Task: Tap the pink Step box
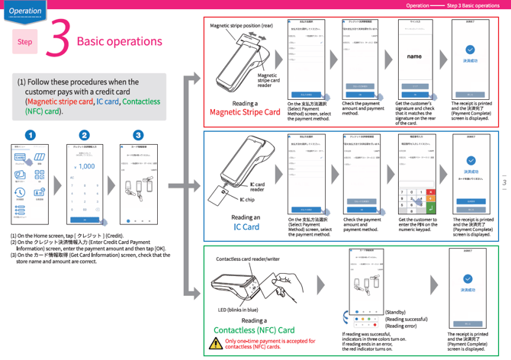click(25, 41)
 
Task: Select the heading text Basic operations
click(119, 40)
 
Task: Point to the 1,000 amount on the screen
click(86, 166)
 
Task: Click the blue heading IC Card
click(246, 227)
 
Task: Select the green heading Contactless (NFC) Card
click(254, 330)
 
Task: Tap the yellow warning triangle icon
click(216, 344)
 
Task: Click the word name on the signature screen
click(414, 56)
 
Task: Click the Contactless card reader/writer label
click(248, 259)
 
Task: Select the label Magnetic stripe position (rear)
click(241, 26)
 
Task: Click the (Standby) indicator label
click(395, 312)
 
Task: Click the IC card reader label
click(257, 186)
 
